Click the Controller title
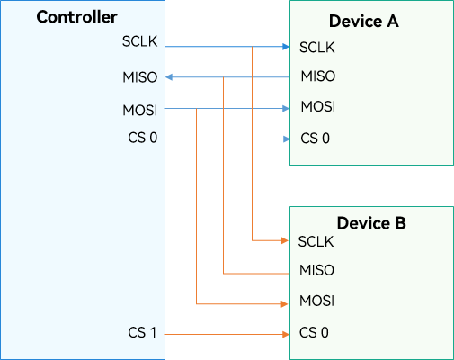pos(76,17)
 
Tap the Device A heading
pos(364,21)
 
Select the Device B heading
pos(371,223)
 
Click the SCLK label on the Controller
pos(139,41)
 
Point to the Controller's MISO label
pos(140,77)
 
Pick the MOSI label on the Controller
pos(140,110)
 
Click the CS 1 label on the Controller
pos(142,332)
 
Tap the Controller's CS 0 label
pos(143,138)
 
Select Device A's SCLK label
pos(317,48)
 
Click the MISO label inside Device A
pos(318,76)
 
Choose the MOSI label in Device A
pos(318,106)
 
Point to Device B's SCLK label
pos(316,241)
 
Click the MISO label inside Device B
pos(316,270)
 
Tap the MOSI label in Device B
pos(316,301)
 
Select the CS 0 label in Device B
pos(314,332)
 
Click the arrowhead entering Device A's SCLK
pos(286,47)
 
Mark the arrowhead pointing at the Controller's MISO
pos(169,77)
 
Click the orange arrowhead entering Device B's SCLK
pos(285,240)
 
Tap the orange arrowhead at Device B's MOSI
pos(285,304)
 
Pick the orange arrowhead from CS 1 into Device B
pos(286,334)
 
